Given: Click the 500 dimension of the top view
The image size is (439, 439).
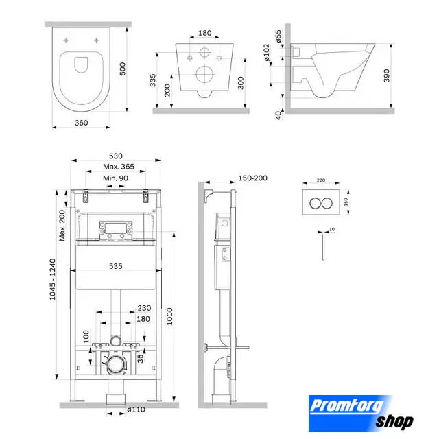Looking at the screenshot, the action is coord(123,69).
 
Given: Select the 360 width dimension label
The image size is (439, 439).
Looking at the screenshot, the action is coord(81,123).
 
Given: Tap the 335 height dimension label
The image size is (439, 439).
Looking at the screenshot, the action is coord(152,80).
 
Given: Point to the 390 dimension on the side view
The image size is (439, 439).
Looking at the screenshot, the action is coord(387,75).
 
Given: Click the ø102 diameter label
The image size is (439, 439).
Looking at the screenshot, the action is coord(267,52).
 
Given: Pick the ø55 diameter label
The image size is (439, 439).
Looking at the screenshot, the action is coord(278,36).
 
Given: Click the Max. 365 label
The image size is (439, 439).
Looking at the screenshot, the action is coord(119,167).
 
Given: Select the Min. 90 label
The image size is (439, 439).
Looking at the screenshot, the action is coord(115,178).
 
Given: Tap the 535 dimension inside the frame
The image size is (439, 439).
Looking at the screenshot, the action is coord(116,266).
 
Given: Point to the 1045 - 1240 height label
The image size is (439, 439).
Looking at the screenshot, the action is coord(53,279).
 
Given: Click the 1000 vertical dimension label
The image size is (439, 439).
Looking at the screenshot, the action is coord(169,316).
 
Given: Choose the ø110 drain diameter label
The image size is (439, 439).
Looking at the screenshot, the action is coord(136,410).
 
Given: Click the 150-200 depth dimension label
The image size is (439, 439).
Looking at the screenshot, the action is coord(252,178).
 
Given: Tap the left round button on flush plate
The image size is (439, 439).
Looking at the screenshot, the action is coord(315,203).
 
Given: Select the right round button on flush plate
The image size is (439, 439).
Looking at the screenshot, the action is coord(327,203).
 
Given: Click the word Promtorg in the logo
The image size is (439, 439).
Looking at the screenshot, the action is coord(347,406).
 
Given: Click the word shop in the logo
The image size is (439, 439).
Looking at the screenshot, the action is coord(394,421).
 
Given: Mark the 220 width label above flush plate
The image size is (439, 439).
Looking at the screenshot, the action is coord(321,180).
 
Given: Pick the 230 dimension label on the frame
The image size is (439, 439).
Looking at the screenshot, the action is coord(144,308).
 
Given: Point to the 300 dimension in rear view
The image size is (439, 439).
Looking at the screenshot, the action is coord(241,83).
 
